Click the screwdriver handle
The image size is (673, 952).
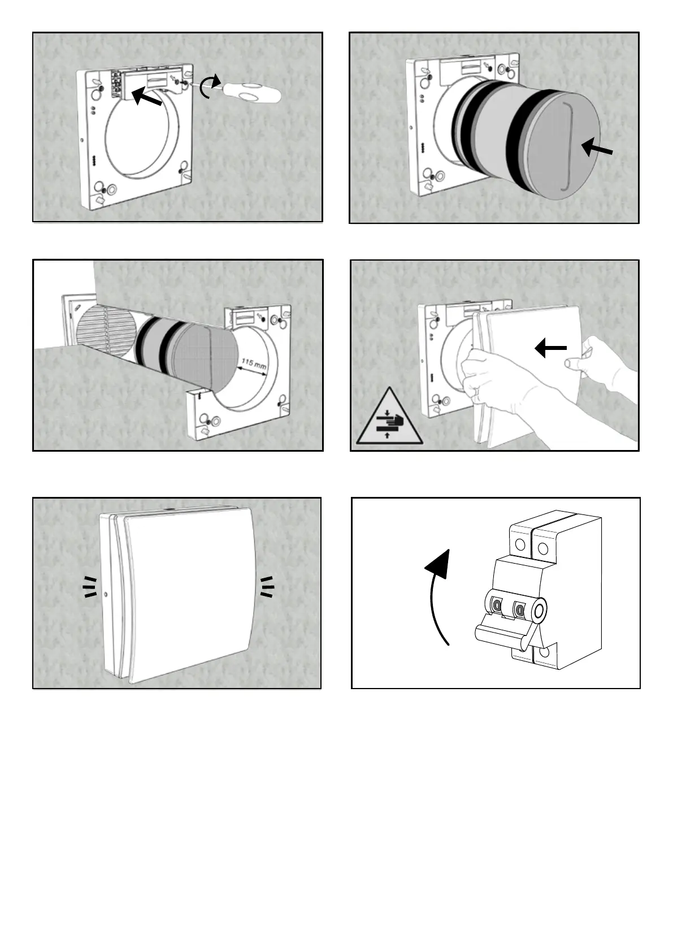252,92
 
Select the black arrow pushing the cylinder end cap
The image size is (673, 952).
597,149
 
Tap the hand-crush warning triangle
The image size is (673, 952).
390,419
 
